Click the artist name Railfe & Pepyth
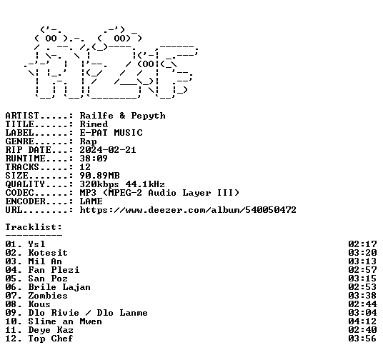tap(123, 116)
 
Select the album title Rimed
tap(94, 124)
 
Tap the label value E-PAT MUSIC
tap(111, 133)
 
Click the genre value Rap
tap(88, 141)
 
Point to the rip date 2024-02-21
tap(108, 150)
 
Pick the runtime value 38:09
tap(94, 159)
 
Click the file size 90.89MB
tap(99, 176)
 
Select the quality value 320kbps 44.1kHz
tap(122, 184)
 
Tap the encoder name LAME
tap(91, 201)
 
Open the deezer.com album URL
tap(188, 210)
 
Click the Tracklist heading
tap(34, 227)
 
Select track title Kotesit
tap(48, 253)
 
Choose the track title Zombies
tap(48, 296)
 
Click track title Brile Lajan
tap(59, 287)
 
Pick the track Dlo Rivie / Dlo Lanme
tap(88, 313)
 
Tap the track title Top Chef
tap(51, 339)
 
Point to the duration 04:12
tap(362, 321)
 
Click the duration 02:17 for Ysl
tap(362, 244)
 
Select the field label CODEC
tap(19, 193)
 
